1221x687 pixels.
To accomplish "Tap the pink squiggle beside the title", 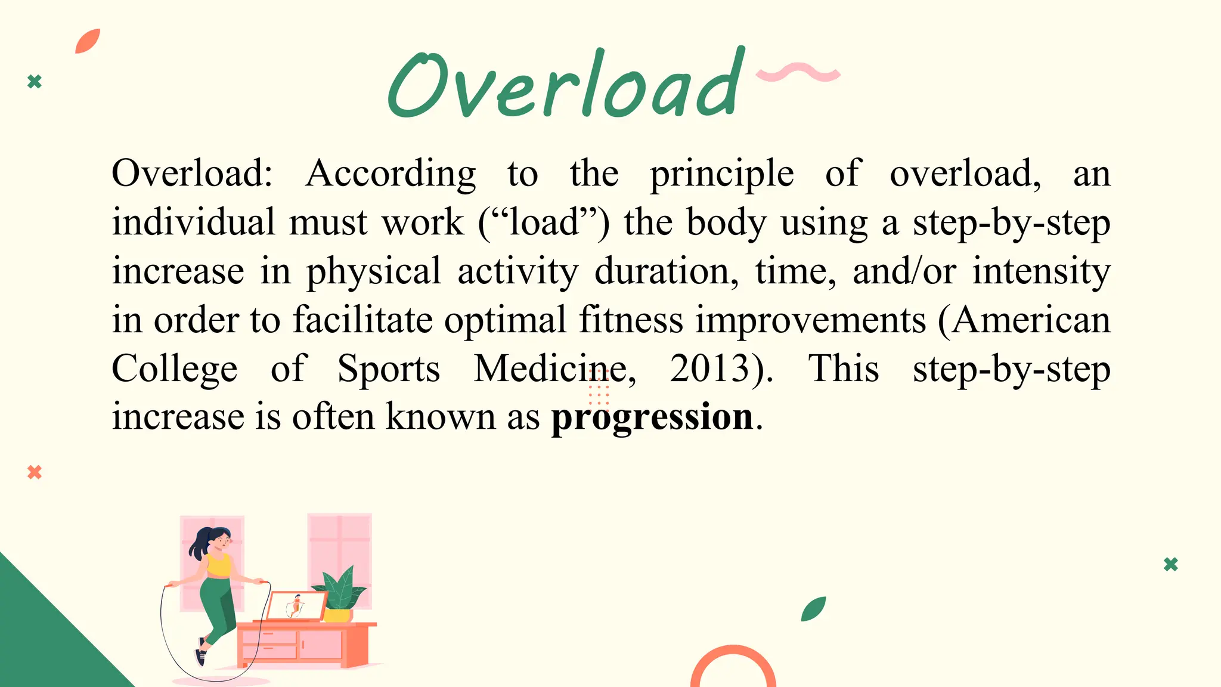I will click(x=798, y=73).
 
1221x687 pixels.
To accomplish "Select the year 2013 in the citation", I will click(x=709, y=368).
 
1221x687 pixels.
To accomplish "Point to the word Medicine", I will click(x=551, y=368).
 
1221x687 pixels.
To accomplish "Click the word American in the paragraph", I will click(x=1031, y=320).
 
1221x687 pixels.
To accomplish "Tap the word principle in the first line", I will click(x=721, y=174).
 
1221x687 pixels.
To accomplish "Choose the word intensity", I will click(x=1041, y=271).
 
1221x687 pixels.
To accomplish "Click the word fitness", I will click(x=631, y=320).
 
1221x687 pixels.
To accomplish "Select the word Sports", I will click(x=389, y=368).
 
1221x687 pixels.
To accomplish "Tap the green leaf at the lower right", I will click(x=813, y=609).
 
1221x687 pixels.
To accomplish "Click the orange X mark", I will click(x=35, y=472).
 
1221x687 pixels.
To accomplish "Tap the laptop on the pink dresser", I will click(x=295, y=606).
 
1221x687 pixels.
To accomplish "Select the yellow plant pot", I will click(x=337, y=614).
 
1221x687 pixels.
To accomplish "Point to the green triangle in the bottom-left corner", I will click(x=42, y=644).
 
